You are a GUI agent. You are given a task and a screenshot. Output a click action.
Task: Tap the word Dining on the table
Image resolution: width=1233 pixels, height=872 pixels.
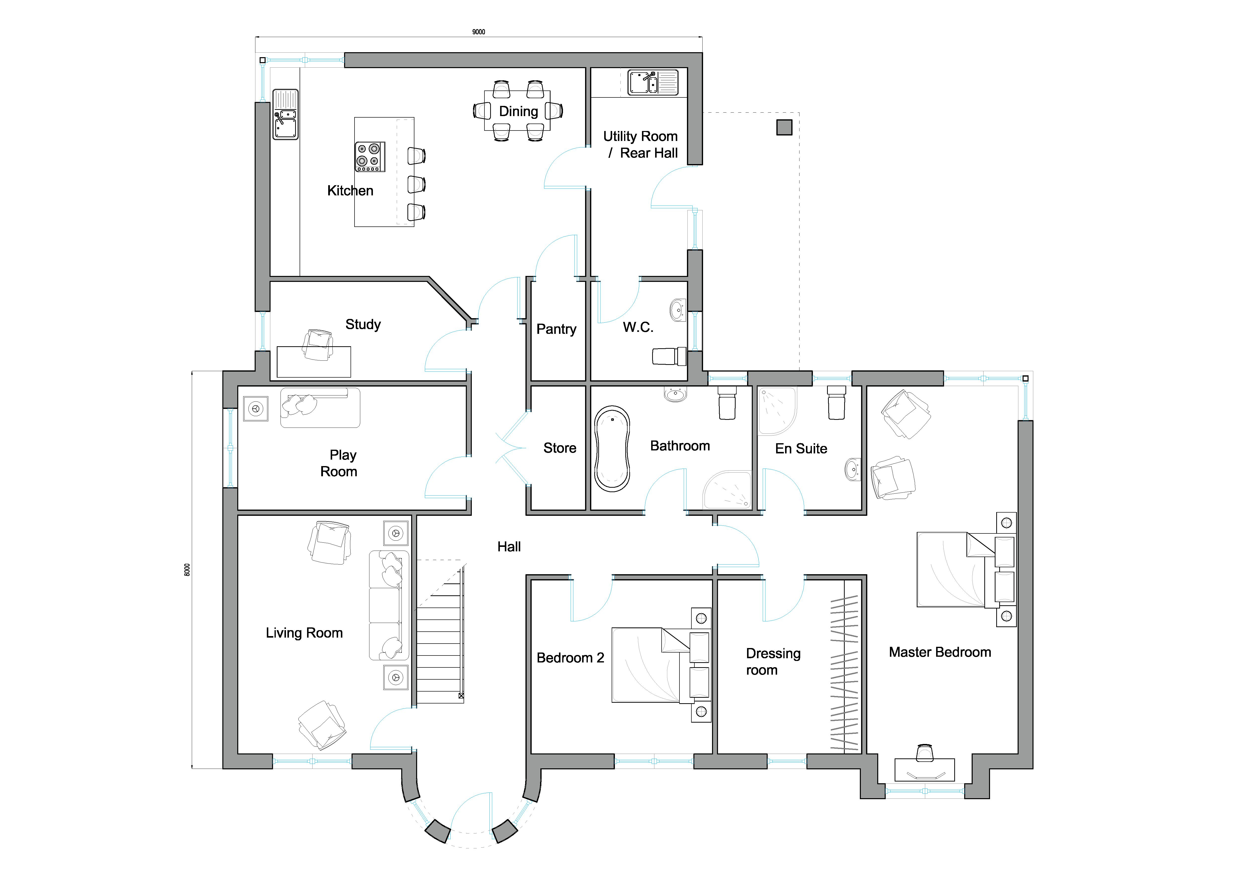point(518,111)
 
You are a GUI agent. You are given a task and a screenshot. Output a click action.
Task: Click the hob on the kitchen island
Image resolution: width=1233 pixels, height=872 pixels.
point(369,157)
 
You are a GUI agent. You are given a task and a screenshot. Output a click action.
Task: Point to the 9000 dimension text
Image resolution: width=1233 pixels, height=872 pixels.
point(478,32)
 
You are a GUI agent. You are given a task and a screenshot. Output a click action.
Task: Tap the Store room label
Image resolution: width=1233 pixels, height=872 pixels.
point(559,448)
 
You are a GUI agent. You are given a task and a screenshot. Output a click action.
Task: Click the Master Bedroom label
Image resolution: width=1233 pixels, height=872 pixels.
point(940,652)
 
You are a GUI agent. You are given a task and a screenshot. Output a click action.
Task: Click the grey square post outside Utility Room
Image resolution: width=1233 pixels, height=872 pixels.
point(784,127)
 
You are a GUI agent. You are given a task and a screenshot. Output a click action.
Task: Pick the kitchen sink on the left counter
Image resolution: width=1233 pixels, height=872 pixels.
point(285,114)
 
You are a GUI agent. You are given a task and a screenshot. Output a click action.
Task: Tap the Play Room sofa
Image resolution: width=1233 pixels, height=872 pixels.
point(320,408)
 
